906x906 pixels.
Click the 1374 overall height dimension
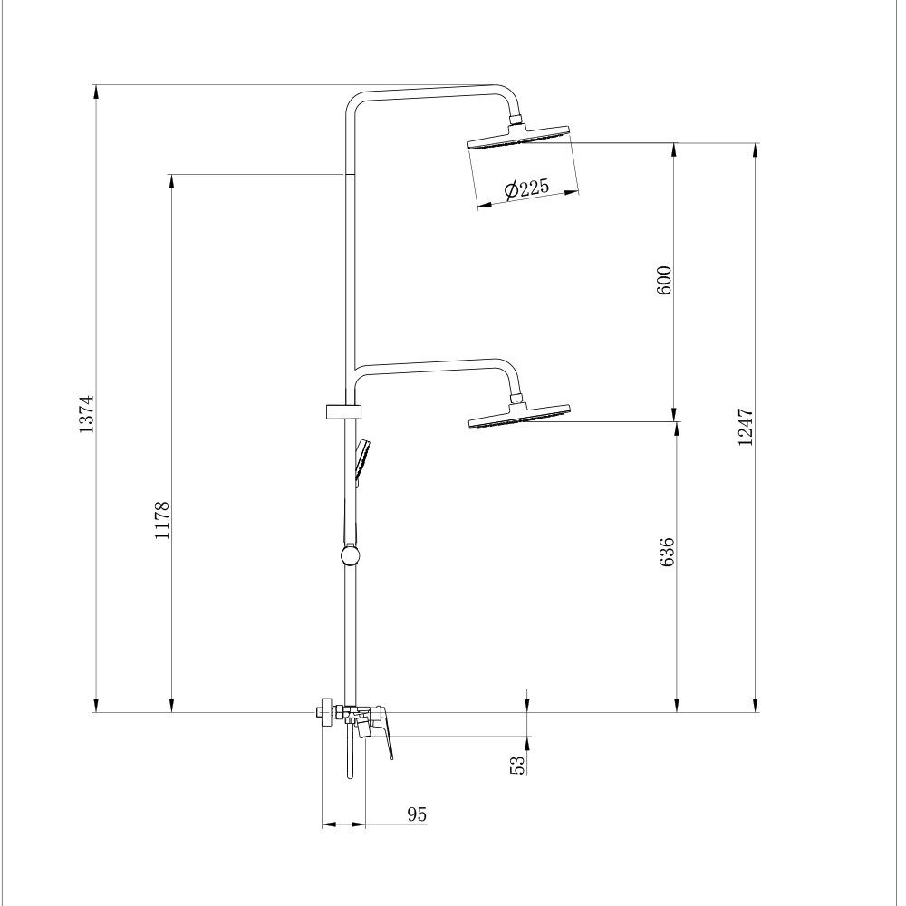pyautogui.click(x=86, y=414)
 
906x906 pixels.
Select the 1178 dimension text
pyautogui.click(x=162, y=521)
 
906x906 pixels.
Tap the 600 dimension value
pyautogui.click(x=664, y=280)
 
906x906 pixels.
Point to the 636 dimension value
pyautogui.click(x=667, y=552)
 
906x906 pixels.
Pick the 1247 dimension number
pyautogui.click(x=746, y=427)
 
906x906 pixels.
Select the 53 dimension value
pyautogui.click(x=518, y=765)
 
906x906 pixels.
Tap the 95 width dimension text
pyautogui.click(x=416, y=814)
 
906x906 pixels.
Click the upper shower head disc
pyautogui.click(x=519, y=138)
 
